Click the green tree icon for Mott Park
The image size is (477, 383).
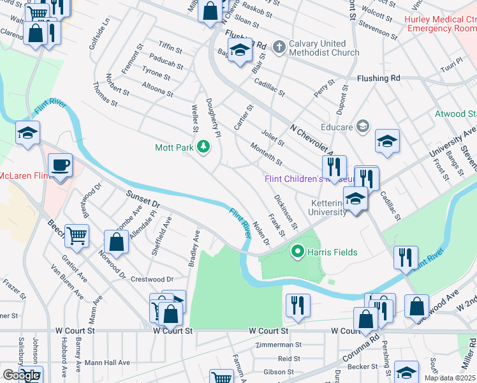coord(203,147)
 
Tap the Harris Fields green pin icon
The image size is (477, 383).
coord(297,252)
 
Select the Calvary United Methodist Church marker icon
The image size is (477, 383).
coord(278,47)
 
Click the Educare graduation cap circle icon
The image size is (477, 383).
coord(363,126)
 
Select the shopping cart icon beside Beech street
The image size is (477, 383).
coord(77,236)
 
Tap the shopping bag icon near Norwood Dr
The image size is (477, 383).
coord(116,243)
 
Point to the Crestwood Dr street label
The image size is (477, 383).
coord(152,280)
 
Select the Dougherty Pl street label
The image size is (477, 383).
coord(213,118)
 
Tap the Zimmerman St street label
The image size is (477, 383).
coord(277,345)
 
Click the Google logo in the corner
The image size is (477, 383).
coord(21,375)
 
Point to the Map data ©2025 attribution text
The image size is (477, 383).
coord(450,378)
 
